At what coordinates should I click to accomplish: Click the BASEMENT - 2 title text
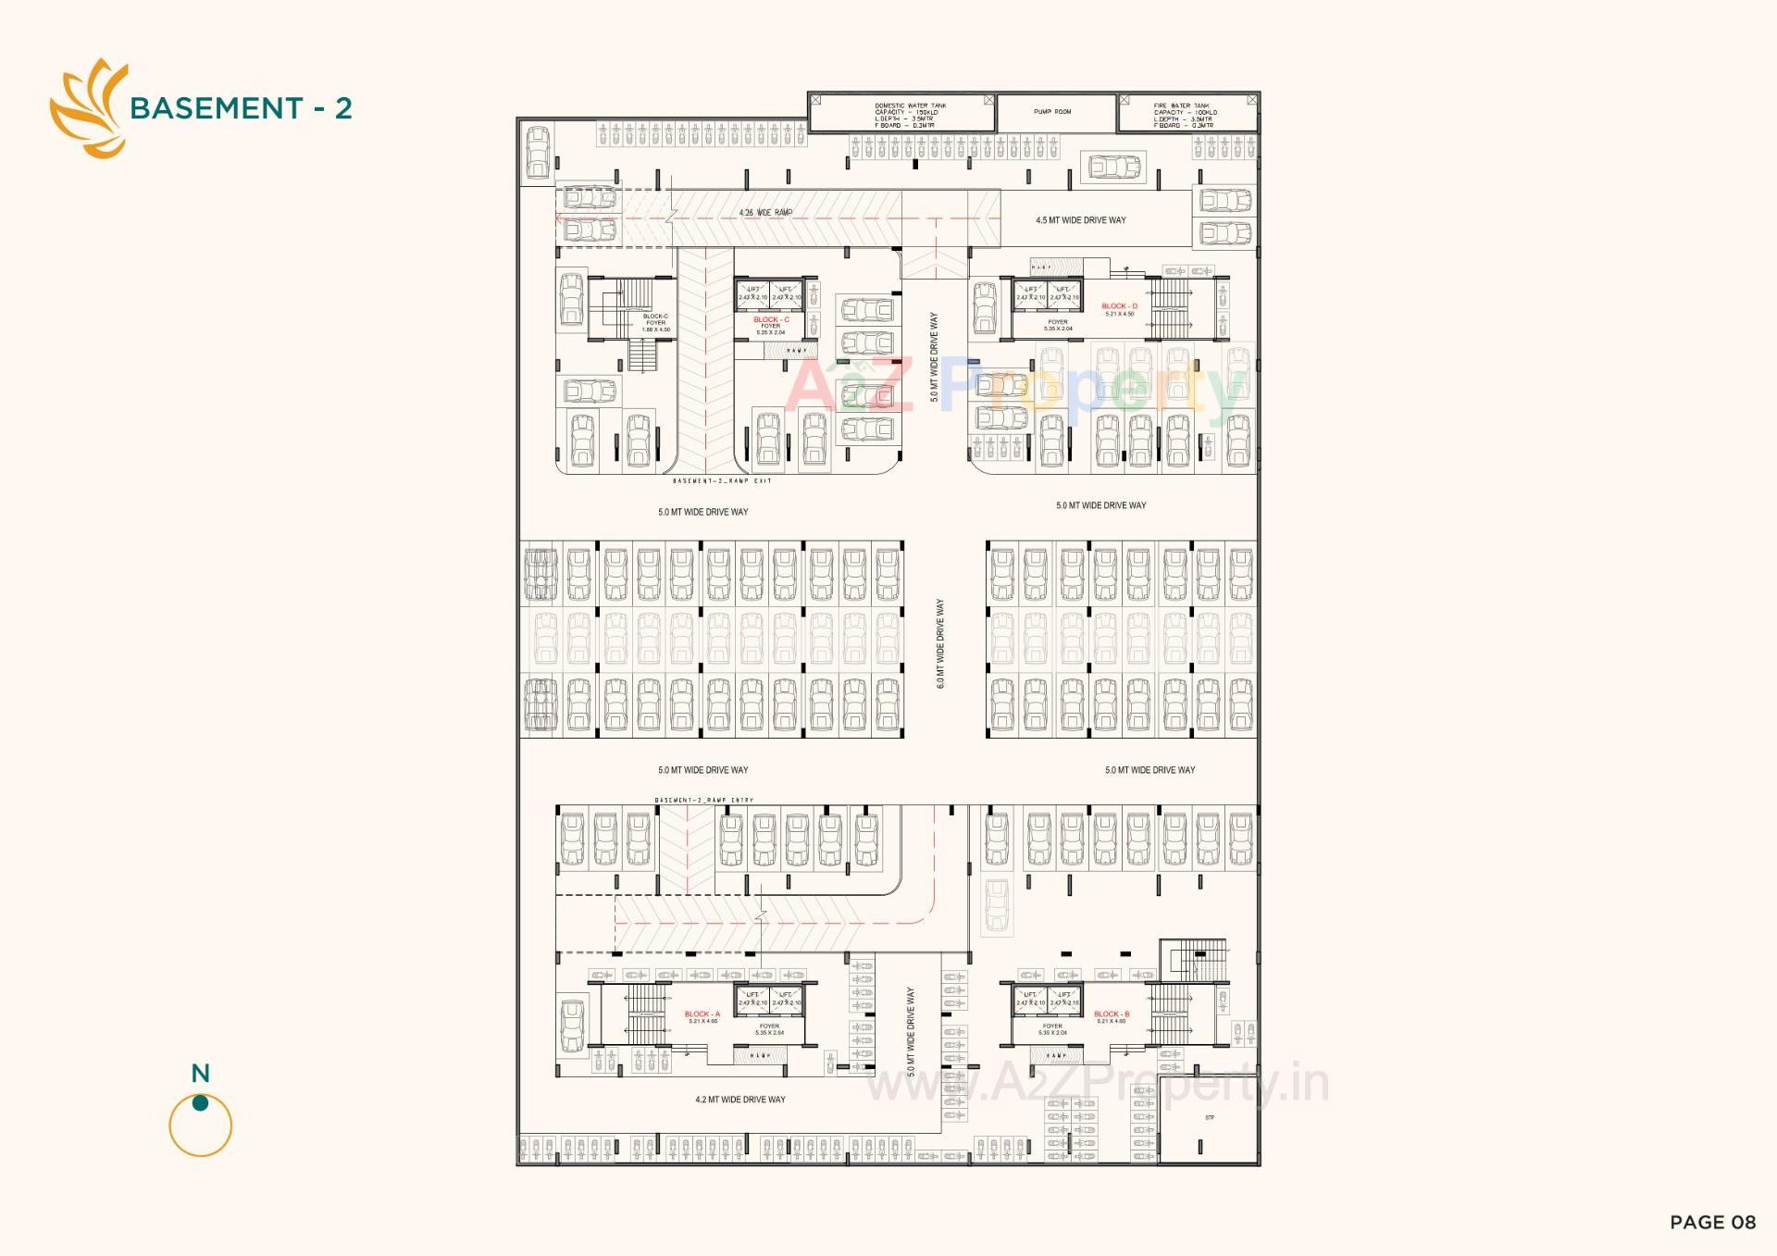241,108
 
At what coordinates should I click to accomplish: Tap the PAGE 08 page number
1712,1223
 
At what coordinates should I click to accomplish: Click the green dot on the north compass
200,1102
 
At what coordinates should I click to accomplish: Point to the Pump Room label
1052,112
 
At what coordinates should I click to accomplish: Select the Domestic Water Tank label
910,115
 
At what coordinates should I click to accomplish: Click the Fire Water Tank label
1185,115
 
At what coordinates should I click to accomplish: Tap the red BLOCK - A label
702,1014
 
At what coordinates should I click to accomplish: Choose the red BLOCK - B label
1112,1014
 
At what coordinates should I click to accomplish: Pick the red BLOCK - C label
771,319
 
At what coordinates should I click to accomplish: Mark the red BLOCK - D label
1119,306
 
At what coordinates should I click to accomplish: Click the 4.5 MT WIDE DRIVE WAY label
1081,220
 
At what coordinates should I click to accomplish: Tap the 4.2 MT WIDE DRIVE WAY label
740,1100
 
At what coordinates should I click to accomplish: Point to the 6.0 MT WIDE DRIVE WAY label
940,643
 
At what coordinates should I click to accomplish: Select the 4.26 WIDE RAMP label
765,213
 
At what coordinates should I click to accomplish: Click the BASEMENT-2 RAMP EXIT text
722,481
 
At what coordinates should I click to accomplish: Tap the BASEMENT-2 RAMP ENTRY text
704,800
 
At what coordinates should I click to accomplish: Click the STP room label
1210,1118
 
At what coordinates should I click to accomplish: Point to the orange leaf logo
89,108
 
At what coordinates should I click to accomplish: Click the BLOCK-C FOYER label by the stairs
655,322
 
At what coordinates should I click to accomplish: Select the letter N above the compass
201,1074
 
